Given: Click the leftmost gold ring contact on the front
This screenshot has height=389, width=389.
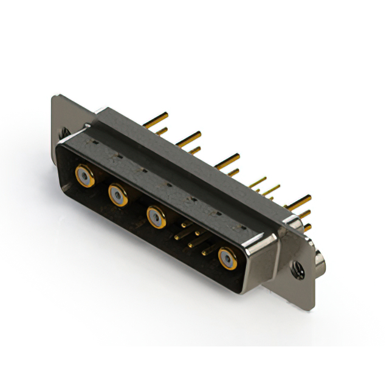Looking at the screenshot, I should [x=84, y=176].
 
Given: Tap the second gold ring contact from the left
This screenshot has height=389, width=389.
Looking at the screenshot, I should [x=118, y=195].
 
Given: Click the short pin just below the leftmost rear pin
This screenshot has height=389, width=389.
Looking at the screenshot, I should [x=162, y=131].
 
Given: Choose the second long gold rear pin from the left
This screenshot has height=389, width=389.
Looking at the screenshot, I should [x=190, y=137].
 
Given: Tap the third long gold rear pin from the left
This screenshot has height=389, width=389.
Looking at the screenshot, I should [x=227, y=160].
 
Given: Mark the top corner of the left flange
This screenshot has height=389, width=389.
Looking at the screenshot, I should [x=55, y=97].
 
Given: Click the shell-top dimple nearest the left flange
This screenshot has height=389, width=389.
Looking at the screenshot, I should [x=96, y=142].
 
